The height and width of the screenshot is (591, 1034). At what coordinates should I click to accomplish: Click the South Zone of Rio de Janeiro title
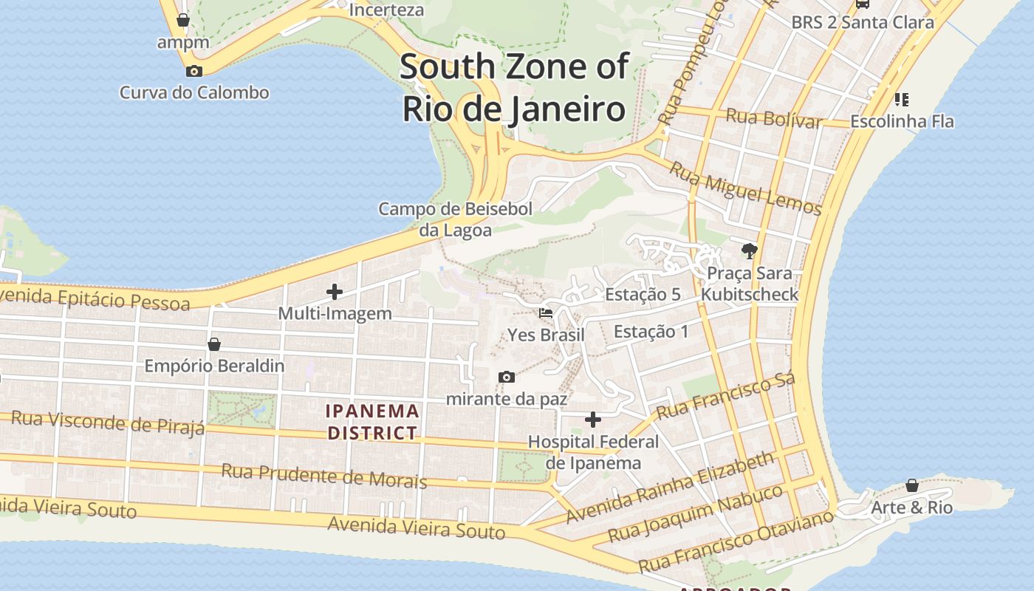[x=514, y=88]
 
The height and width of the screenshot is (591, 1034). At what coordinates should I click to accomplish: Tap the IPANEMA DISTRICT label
[x=373, y=422]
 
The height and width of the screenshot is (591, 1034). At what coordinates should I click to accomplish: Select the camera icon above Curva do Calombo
[x=194, y=72]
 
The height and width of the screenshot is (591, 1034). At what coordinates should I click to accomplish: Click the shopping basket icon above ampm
[x=183, y=20]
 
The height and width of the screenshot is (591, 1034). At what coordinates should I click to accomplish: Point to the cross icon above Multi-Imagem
[x=335, y=292]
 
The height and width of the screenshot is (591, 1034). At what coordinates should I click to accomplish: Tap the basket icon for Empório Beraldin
[x=214, y=344]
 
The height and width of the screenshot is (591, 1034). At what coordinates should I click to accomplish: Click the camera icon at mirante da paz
[x=507, y=378]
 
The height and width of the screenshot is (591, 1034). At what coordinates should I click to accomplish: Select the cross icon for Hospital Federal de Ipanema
[x=592, y=420]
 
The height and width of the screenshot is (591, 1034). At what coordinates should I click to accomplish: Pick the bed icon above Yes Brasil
[x=546, y=313]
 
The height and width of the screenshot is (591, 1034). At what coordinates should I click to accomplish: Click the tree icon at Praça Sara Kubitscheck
[x=750, y=251]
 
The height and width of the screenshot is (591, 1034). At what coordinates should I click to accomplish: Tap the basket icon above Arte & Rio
[x=912, y=485]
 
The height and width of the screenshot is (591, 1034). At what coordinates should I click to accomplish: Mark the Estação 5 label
[x=643, y=294]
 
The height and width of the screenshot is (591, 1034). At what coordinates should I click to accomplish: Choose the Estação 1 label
[x=651, y=331]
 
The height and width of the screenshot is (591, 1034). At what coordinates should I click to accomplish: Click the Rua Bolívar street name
[x=774, y=118]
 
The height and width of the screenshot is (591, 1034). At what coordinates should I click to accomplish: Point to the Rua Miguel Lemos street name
[x=745, y=189]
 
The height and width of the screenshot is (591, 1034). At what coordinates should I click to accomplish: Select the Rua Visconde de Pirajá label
[x=108, y=423]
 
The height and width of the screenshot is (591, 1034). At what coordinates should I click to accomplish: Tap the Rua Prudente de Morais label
[x=324, y=476]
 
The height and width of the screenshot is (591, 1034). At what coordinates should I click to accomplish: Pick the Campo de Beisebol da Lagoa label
[x=455, y=219]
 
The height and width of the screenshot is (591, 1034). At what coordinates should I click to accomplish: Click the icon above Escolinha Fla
[x=901, y=99]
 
